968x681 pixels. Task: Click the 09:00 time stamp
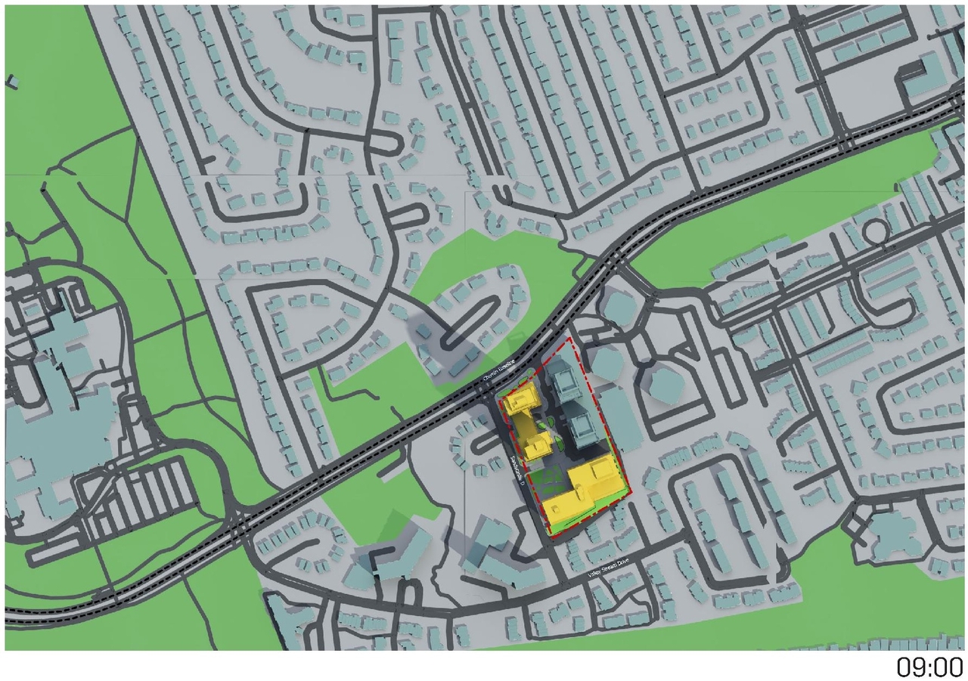929,667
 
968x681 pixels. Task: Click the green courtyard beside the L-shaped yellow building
549,478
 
